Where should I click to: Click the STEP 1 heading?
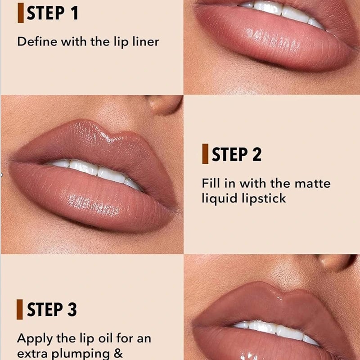[x=53, y=13]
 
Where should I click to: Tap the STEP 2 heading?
[x=237, y=154]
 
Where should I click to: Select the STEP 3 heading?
[x=52, y=309]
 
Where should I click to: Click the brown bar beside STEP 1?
[x=21, y=13]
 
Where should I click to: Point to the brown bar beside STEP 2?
[x=205, y=154]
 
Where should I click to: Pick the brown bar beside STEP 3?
[x=20, y=309]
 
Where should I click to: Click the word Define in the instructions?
[x=37, y=41]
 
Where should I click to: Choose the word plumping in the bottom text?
[x=81, y=354]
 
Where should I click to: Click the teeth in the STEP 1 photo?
[x=283, y=12]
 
